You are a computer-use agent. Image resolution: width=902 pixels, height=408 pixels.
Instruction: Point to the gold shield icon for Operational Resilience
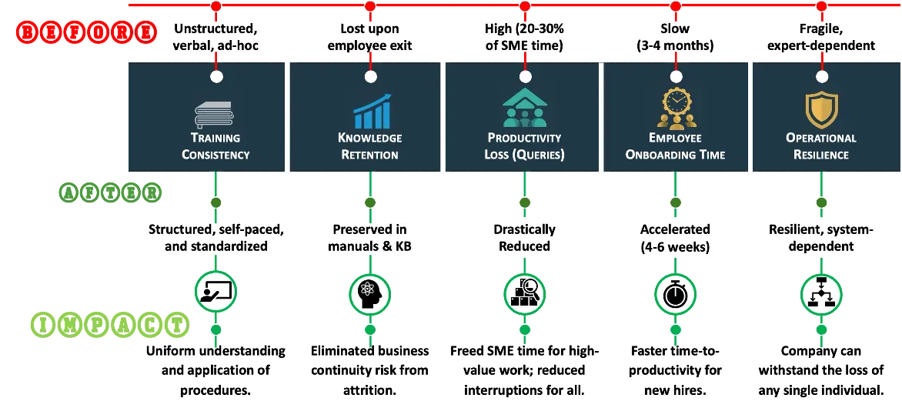tap(821, 109)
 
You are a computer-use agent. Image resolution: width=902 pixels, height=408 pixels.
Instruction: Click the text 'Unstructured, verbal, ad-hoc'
tap(216, 37)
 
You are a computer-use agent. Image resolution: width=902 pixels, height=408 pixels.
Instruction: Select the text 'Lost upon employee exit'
tap(370, 37)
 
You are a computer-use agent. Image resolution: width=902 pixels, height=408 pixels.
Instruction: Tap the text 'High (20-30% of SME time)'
tap(524, 37)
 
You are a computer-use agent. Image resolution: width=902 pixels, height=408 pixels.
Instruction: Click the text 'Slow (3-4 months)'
tap(676, 37)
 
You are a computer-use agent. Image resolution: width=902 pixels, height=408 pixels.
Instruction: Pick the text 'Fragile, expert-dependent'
tap(821, 37)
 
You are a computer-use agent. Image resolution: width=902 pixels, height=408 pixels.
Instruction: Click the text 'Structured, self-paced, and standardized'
tap(216, 238)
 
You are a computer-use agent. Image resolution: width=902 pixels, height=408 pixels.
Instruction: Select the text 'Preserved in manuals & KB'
tap(370, 238)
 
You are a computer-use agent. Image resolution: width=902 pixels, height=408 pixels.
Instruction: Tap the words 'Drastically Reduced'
tap(524, 238)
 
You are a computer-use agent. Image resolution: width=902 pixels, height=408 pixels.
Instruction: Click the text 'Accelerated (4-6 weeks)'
tap(676, 238)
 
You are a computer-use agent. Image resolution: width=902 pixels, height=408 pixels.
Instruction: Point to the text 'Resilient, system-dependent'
tap(821, 238)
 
